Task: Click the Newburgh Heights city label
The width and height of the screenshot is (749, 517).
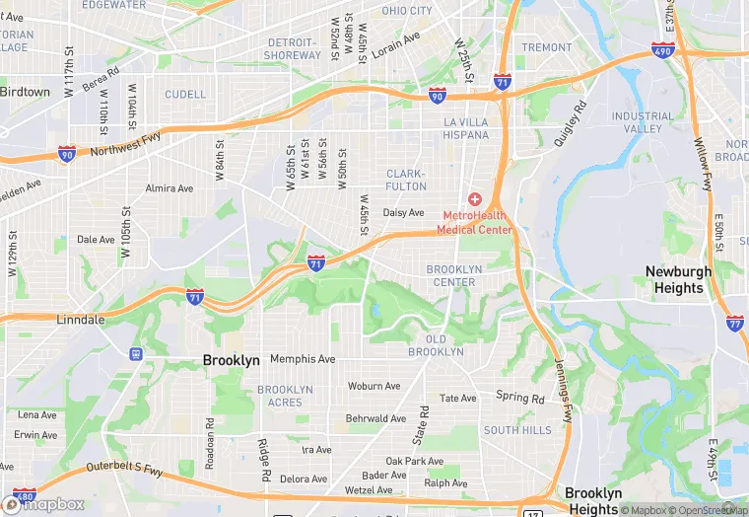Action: (x=679, y=279)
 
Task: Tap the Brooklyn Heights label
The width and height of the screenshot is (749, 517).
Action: (x=593, y=501)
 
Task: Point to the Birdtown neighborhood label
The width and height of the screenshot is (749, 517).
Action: (x=25, y=92)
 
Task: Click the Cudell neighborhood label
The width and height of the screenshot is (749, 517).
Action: (x=185, y=95)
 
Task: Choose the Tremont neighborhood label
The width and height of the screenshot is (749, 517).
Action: (x=546, y=47)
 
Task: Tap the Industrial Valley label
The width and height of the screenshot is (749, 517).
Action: (x=643, y=122)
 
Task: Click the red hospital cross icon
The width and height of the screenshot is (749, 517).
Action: (x=474, y=199)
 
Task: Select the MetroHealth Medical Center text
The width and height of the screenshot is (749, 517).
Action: (x=477, y=222)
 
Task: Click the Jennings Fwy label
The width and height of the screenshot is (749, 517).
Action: (x=563, y=390)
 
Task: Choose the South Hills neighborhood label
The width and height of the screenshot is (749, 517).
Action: (x=517, y=430)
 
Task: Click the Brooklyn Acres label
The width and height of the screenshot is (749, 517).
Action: (x=286, y=396)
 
